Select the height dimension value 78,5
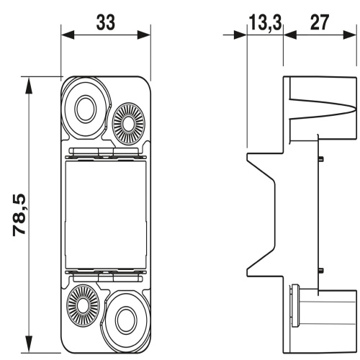[x=24, y=215]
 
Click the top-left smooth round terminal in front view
[x=84, y=109]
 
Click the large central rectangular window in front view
[x=106, y=213]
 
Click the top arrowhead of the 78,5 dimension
[x=30, y=81]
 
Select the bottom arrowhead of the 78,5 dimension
[x=30, y=347]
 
